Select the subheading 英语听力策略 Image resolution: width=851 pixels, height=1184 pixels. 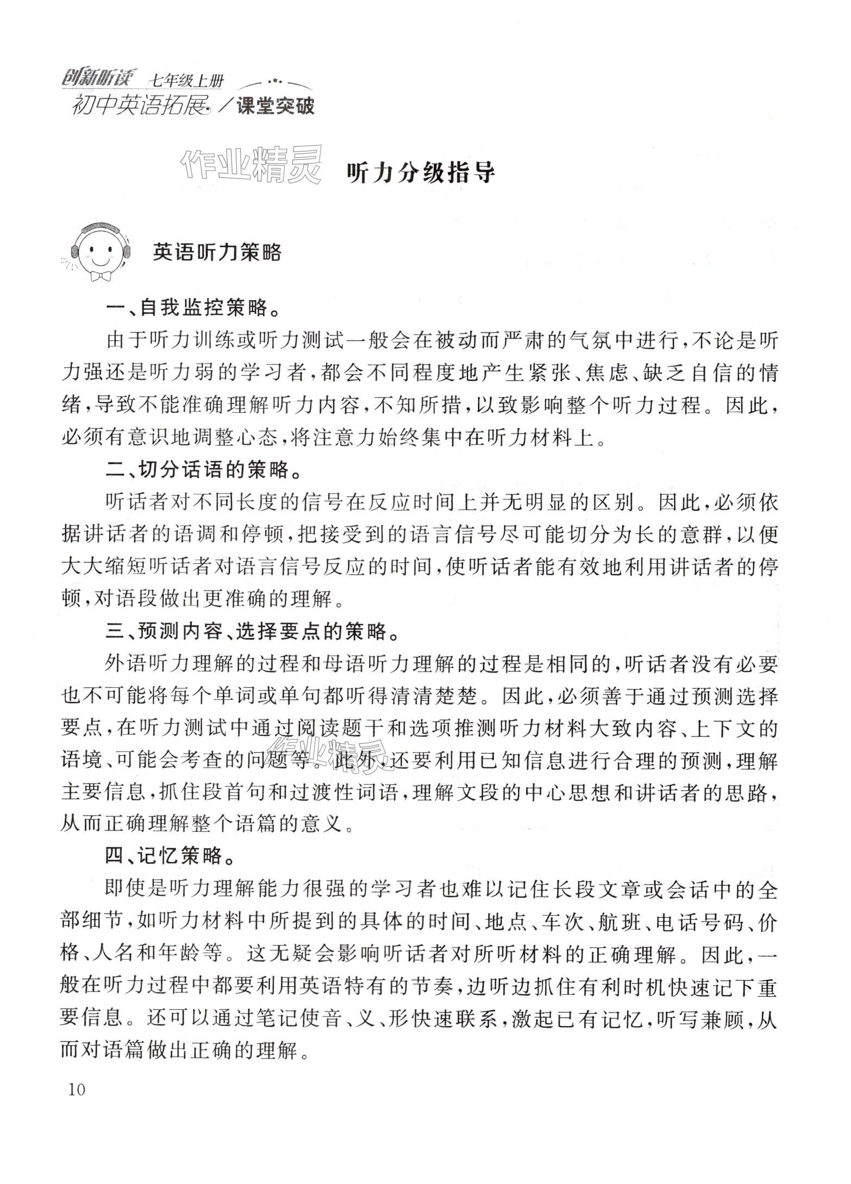[x=217, y=252]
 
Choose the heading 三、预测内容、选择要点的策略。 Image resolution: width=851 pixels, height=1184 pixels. [x=253, y=631]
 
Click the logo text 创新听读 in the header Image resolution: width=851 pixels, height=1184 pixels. [x=99, y=79]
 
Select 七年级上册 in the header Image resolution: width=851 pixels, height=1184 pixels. [x=186, y=82]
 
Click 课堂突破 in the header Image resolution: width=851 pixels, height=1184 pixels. [x=276, y=106]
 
